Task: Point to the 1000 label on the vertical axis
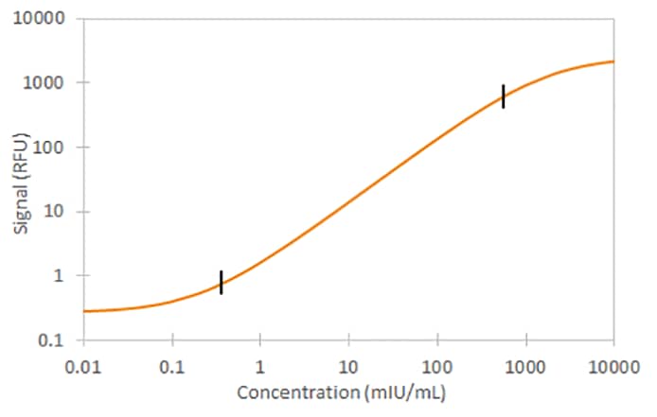coord(48,83)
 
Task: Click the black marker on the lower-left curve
coord(221,282)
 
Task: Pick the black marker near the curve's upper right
coord(504,96)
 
